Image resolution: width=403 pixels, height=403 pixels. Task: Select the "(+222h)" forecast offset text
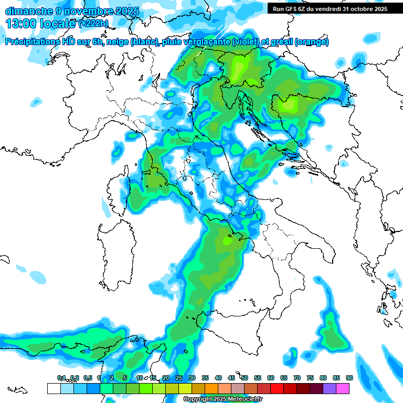[x=93, y=24]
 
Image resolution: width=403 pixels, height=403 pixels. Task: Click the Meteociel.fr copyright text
[x=222, y=399]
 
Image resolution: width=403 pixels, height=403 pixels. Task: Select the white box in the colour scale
[x=54, y=388]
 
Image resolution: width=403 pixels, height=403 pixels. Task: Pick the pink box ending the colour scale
[x=343, y=388]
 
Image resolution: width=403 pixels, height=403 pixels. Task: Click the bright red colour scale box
[x=277, y=388]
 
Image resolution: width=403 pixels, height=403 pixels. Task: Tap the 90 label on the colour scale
[x=349, y=378]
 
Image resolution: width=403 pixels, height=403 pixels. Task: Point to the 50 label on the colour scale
[x=244, y=378]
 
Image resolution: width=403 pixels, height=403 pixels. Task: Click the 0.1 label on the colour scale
[x=61, y=378]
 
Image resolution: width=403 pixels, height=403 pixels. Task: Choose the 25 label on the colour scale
[x=178, y=378]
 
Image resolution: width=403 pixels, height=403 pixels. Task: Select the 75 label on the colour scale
[x=310, y=378]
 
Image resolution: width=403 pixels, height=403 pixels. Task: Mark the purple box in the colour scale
[x=330, y=388]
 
